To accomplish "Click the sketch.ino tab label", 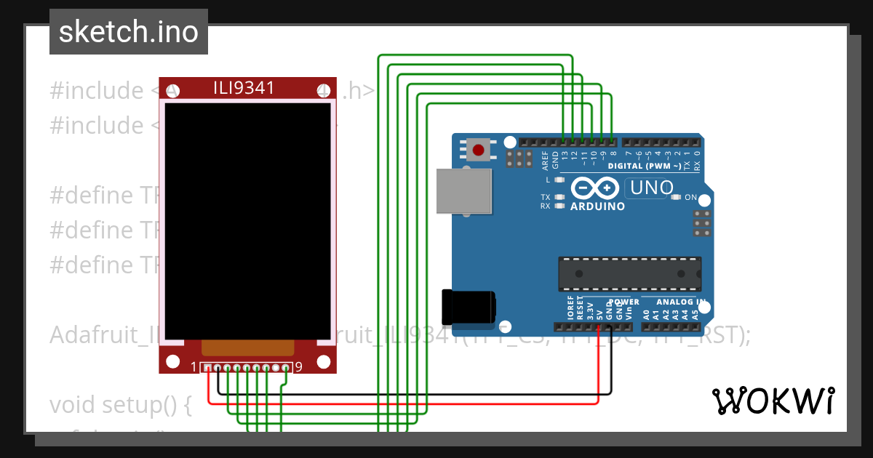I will pyautogui.click(x=128, y=32).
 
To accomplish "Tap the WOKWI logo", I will pyautogui.click(x=773, y=401).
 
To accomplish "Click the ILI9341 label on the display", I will pyautogui.click(x=244, y=89).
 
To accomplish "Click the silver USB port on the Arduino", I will pyautogui.click(x=463, y=191).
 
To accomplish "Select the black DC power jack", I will pyautogui.click(x=469, y=306).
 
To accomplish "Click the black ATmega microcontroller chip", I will pyautogui.click(x=629, y=274).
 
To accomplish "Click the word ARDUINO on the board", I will pyautogui.click(x=597, y=206).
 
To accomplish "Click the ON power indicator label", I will pyautogui.click(x=691, y=198).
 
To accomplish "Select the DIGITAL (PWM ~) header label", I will pyautogui.click(x=645, y=166).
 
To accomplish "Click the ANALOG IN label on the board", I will pyautogui.click(x=681, y=302).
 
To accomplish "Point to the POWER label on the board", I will pyautogui.click(x=623, y=302).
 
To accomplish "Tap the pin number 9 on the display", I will pyautogui.click(x=299, y=366).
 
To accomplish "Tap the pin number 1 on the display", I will pyautogui.click(x=194, y=366).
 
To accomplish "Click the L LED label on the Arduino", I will pyautogui.click(x=548, y=180).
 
